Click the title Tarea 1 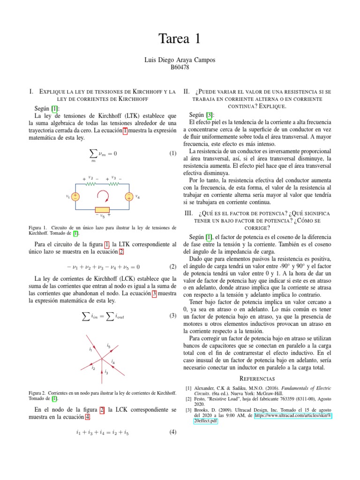coord(180,39)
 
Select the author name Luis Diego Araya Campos coord(180,60)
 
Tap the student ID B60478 coord(180,67)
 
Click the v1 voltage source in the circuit coord(75,196)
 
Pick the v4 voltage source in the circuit coord(128,196)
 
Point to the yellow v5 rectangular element coord(102,209)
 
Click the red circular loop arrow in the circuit coord(102,196)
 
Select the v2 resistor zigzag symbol coord(90,184)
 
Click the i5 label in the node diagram coord(109,346)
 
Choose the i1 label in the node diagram coord(90,349)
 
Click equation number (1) coord(172,153)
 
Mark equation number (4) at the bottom coord(172,433)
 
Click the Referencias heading coord(257,378)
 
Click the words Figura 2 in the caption coord(36,392)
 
